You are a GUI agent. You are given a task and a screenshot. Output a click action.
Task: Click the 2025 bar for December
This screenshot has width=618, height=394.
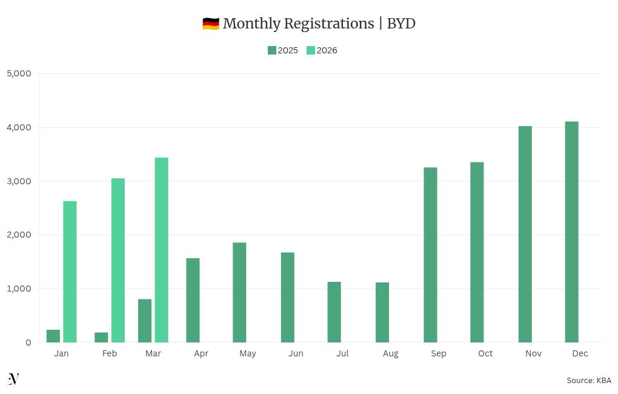[x=571, y=232]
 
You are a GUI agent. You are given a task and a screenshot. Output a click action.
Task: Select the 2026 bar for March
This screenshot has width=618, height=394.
[x=161, y=250]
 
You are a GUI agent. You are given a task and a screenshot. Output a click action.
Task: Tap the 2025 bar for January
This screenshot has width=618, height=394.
[x=53, y=336]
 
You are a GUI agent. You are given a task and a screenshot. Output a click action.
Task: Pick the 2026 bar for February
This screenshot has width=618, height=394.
[x=118, y=260]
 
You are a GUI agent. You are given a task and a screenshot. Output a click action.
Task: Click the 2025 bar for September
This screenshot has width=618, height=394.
[x=430, y=255]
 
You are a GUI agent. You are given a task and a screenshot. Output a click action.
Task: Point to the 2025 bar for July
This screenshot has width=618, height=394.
[x=334, y=312]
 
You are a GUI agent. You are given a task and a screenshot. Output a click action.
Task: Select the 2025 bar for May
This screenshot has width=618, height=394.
[x=239, y=292]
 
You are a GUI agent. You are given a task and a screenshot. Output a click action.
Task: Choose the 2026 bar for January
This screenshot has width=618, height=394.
[x=70, y=272]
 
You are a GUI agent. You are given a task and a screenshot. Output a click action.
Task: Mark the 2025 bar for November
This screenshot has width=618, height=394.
[x=525, y=234]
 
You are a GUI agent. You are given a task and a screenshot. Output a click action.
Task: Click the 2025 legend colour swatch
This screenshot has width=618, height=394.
[x=272, y=50]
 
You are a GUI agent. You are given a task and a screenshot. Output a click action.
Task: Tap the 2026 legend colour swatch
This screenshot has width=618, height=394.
[x=311, y=50]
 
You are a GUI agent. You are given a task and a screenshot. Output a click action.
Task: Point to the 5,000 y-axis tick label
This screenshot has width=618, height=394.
[x=19, y=73]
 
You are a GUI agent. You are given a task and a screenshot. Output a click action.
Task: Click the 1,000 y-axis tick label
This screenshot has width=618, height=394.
[x=19, y=289]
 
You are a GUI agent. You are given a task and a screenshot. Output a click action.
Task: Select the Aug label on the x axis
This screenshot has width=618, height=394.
[x=391, y=353]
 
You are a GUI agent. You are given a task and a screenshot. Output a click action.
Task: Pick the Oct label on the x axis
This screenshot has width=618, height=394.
[x=485, y=353]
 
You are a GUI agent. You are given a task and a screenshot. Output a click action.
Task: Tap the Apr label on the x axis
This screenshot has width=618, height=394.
[x=201, y=353]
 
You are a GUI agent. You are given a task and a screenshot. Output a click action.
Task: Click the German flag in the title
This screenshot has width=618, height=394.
[x=210, y=24]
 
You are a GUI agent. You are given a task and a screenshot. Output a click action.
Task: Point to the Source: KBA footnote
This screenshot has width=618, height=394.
[x=589, y=380]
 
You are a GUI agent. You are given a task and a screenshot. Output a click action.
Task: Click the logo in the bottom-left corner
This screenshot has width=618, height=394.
[x=13, y=379]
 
